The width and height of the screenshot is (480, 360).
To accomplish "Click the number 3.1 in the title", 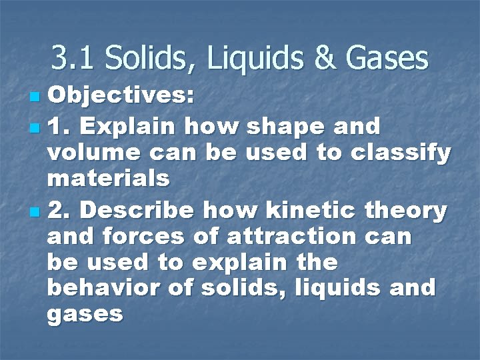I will (x=69, y=59).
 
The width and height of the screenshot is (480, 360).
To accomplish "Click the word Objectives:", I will (x=121, y=97).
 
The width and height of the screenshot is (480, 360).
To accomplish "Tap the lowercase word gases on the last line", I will (x=86, y=313).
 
